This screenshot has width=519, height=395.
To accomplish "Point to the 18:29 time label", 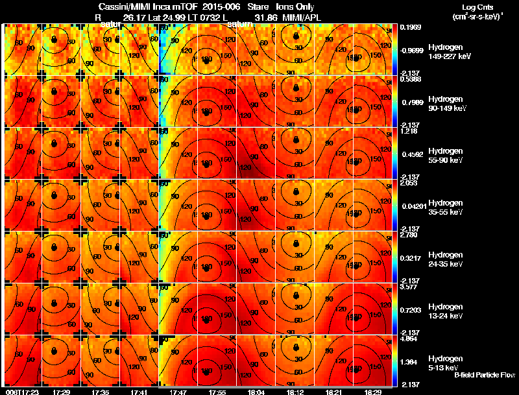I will [372, 392].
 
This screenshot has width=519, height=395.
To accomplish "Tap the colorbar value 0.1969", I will [411, 28].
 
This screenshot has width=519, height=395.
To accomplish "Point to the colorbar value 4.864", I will [411, 339].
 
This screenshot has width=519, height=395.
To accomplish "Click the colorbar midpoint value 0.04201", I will [413, 206].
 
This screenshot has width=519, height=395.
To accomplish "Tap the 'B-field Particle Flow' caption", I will [485, 375].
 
